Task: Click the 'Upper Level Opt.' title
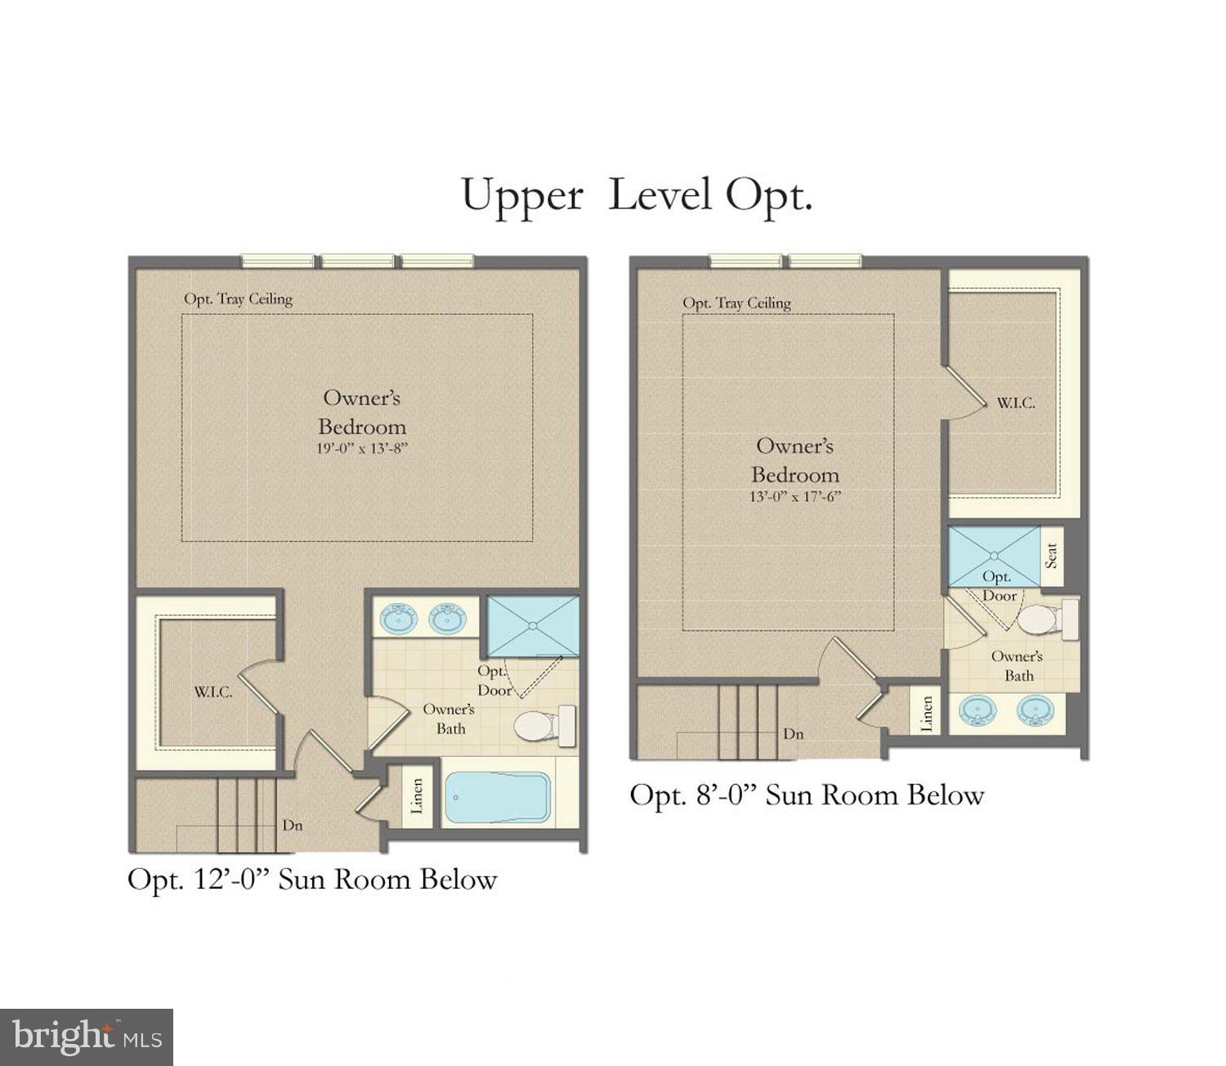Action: click(636, 196)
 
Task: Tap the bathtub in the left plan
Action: click(497, 798)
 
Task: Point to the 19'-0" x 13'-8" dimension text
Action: click(361, 449)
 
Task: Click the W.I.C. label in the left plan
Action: click(213, 692)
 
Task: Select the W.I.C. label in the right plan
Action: click(1015, 403)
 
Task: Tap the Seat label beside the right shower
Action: click(1052, 556)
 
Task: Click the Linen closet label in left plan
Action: click(417, 796)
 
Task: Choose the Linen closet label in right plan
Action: click(927, 714)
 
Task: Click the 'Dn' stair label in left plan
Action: click(292, 826)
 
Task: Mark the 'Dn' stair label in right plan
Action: click(793, 734)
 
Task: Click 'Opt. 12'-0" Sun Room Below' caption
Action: click(312, 880)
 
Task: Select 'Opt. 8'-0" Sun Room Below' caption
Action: click(806, 795)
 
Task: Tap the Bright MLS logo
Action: click(87, 1037)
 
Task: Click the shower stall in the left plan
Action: click(533, 626)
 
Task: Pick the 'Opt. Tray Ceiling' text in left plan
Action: click(238, 299)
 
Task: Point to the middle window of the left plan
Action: click(358, 262)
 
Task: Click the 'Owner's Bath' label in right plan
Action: click(1018, 665)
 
